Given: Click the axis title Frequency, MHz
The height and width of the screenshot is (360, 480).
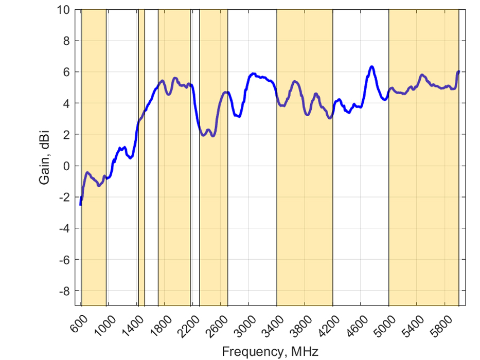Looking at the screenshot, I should [270, 352].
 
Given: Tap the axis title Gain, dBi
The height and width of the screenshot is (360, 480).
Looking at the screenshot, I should [45, 157].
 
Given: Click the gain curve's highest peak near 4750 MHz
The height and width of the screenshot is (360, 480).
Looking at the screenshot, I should [371, 67].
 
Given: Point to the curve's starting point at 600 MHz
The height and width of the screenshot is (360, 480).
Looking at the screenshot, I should [81, 204].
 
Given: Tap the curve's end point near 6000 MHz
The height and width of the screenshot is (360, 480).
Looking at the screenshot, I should [458, 71].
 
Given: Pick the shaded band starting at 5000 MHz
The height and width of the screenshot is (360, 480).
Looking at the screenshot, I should [423, 206].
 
